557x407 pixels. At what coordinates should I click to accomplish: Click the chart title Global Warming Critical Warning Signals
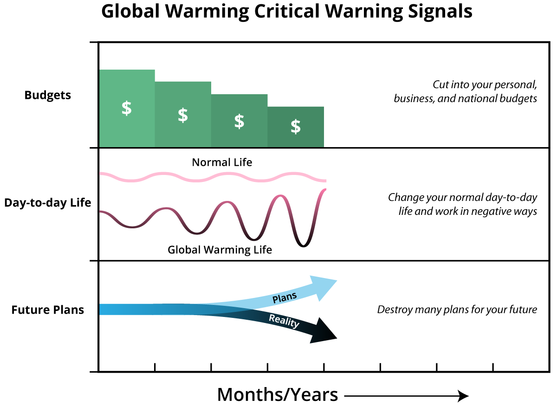tap(286, 12)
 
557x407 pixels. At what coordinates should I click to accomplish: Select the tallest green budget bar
tap(127, 109)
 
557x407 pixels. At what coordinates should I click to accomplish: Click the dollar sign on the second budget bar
tap(183, 115)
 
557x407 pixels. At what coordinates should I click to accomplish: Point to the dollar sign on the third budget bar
tap(239, 121)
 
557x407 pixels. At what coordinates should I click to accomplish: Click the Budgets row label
tap(48, 95)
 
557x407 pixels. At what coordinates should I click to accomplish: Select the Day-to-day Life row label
tap(48, 203)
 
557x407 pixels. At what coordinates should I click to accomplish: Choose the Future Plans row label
tap(48, 310)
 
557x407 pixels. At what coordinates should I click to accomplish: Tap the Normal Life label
tap(222, 162)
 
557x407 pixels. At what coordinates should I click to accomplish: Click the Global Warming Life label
tap(220, 250)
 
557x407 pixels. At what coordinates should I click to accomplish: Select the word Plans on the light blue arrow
tap(285, 297)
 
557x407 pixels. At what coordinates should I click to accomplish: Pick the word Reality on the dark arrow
tap(284, 321)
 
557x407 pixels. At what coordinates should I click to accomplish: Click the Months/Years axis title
tap(278, 395)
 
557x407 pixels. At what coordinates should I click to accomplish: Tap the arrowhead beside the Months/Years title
tap(463, 396)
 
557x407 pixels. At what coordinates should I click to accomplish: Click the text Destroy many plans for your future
tap(457, 310)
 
